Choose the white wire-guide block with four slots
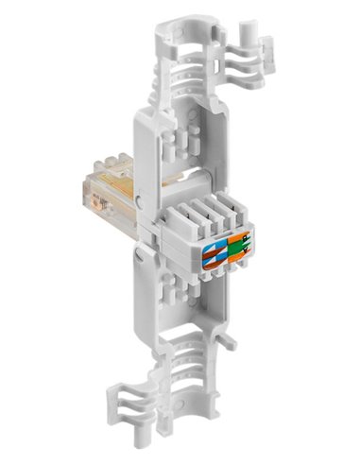coord(203,227)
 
